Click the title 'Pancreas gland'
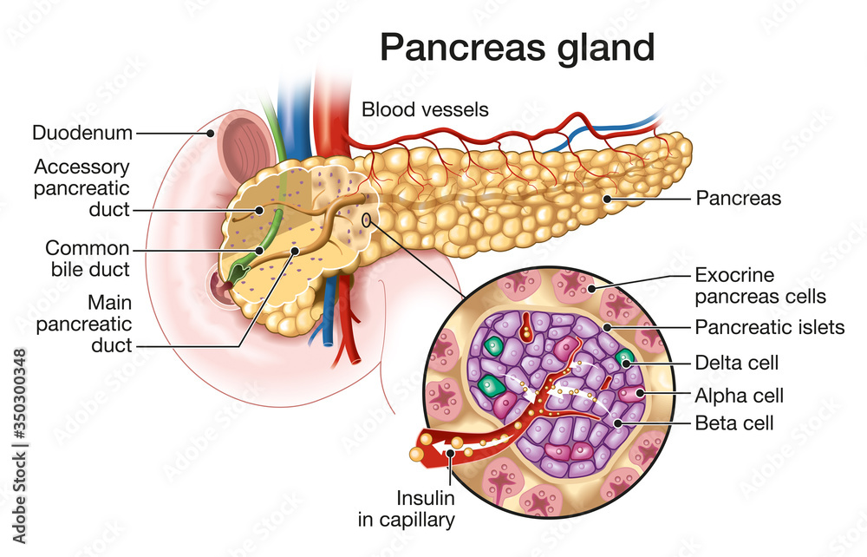coord(517,48)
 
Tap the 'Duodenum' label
coord(82,133)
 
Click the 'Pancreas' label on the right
coord(739,199)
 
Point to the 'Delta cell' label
coord(737,362)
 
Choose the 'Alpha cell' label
coord(740,396)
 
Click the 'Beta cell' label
coord(734,424)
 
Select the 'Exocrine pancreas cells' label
coord(760,286)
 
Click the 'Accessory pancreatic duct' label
coord(82,187)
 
